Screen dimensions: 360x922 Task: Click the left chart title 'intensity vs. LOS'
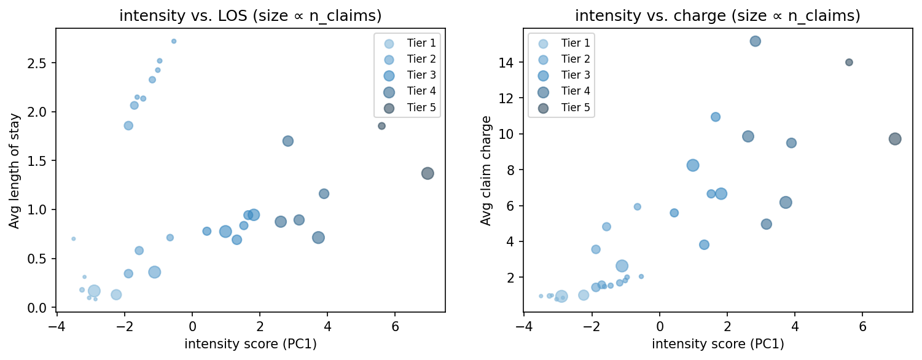click(250, 15)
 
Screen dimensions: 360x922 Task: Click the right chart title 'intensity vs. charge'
click(717, 15)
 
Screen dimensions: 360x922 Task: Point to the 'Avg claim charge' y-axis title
click(486, 170)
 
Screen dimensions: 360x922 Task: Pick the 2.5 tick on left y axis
click(39, 63)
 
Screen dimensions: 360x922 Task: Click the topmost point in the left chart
click(174, 41)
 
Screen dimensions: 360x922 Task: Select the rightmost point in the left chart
click(428, 173)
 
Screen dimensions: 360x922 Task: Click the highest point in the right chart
click(756, 41)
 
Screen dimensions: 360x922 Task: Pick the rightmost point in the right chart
click(895, 139)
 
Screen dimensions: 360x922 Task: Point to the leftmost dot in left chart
click(74, 238)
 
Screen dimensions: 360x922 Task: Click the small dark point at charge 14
click(849, 62)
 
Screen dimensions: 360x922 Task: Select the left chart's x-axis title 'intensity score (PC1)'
click(250, 344)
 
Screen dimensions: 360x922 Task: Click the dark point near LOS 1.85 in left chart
click(381, 126)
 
